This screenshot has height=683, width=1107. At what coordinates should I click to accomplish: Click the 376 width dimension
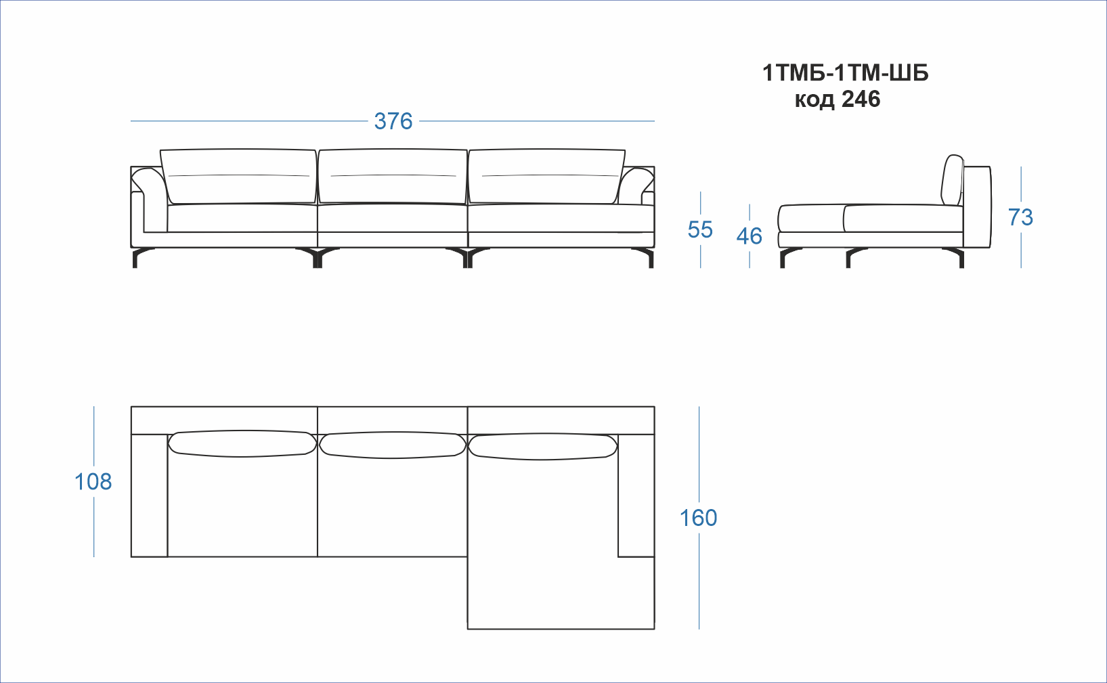393,122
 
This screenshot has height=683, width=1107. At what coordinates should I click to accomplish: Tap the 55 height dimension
700,229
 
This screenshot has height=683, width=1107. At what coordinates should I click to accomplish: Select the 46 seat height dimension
750,236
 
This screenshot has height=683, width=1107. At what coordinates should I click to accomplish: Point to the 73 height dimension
1020,217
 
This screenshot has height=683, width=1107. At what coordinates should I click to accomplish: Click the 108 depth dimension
93,482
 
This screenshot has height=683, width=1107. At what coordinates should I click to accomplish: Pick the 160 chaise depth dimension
698,518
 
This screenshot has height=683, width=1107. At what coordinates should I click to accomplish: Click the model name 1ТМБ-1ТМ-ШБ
846,73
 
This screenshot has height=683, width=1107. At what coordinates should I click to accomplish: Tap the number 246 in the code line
861,100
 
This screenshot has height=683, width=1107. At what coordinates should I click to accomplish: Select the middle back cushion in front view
393,177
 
